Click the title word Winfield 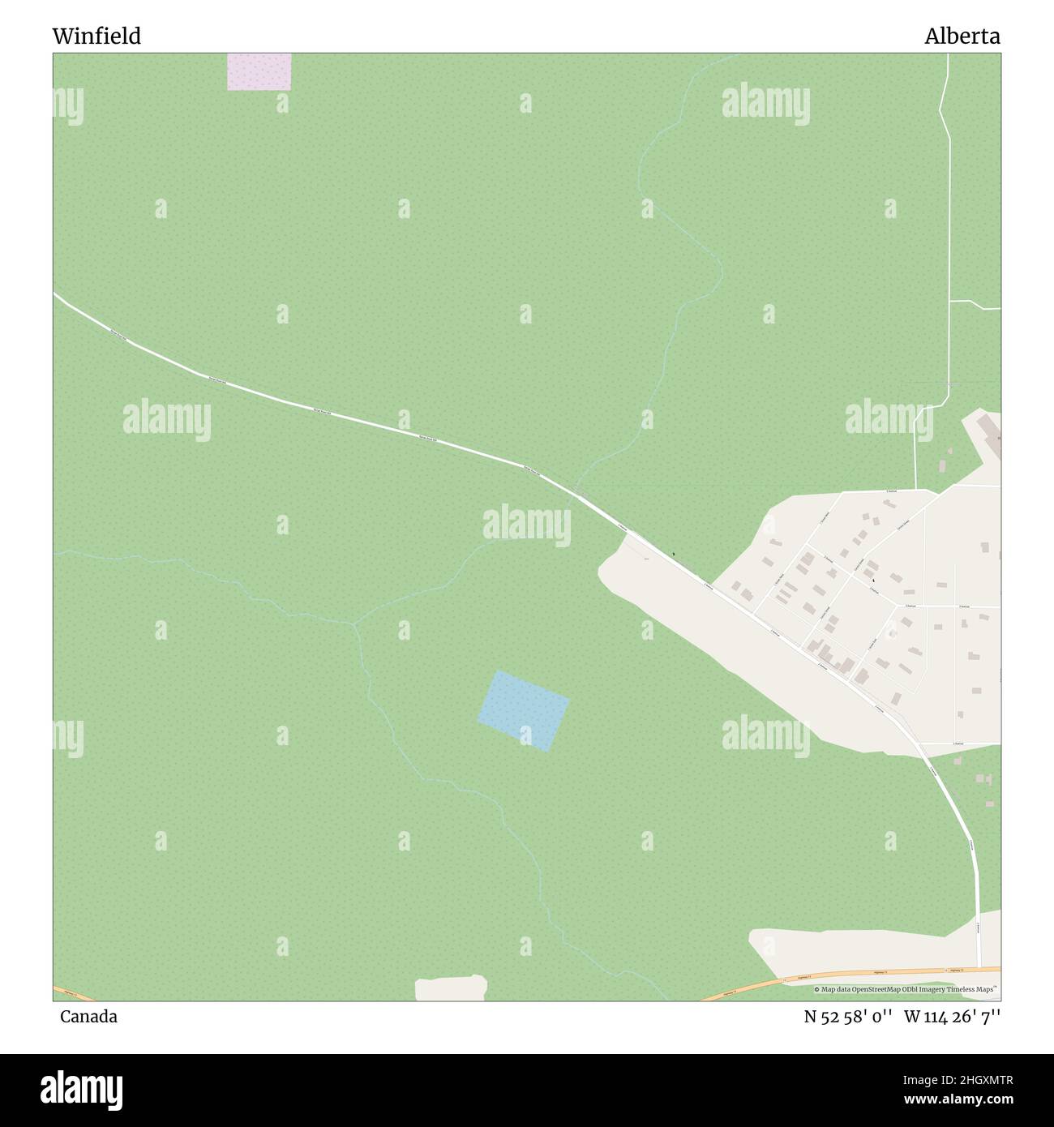[96, 36]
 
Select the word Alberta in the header [962, 36]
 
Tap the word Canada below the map [88, 1016]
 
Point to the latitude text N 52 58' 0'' [848, 1016]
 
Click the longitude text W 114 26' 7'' [952, 1016]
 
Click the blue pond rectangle [524, 710]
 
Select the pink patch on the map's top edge [259, 71]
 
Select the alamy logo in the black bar [82, 1089]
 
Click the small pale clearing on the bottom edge [451, 988]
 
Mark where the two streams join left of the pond [354, 624]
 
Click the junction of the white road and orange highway [979, 968]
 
